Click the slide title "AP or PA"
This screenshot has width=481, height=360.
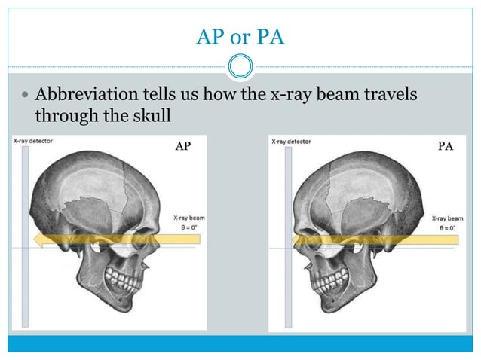(x=240, y=35)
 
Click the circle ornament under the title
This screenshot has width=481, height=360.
(x=240, y=66)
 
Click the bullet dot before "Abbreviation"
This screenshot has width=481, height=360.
(x=24, y=96)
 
